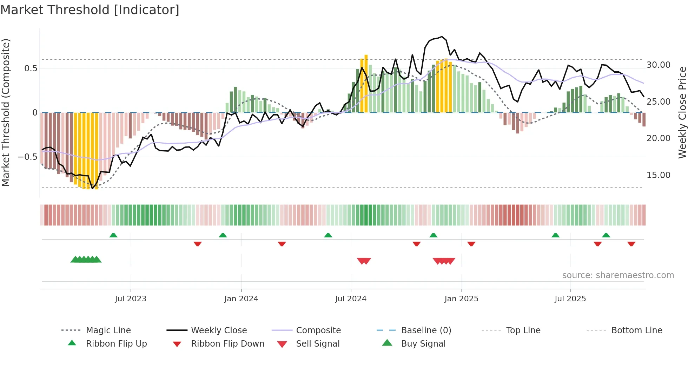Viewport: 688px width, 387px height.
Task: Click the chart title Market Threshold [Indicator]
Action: (90, 10)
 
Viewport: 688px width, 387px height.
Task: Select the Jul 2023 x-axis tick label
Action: (131, 299)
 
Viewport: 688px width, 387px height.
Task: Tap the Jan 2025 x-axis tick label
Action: (461, 299)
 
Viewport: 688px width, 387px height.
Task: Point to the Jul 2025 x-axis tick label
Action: (570, 299)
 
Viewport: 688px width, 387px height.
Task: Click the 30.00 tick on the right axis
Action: (659, 65)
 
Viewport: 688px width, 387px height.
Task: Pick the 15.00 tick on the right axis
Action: (659, 175)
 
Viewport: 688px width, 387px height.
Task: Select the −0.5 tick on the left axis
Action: (27, 157)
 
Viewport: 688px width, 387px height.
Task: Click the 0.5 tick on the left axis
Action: (31, 68)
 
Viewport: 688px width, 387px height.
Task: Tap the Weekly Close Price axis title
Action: (682, 112)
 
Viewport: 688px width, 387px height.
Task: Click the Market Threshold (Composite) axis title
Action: (6, 112)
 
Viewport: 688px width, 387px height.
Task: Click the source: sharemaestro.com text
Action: (618, 275)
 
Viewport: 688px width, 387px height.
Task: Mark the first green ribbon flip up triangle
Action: (113, 235)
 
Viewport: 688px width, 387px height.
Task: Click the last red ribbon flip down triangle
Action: (631, 244)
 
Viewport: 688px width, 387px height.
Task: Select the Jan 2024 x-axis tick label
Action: (241, 299)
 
